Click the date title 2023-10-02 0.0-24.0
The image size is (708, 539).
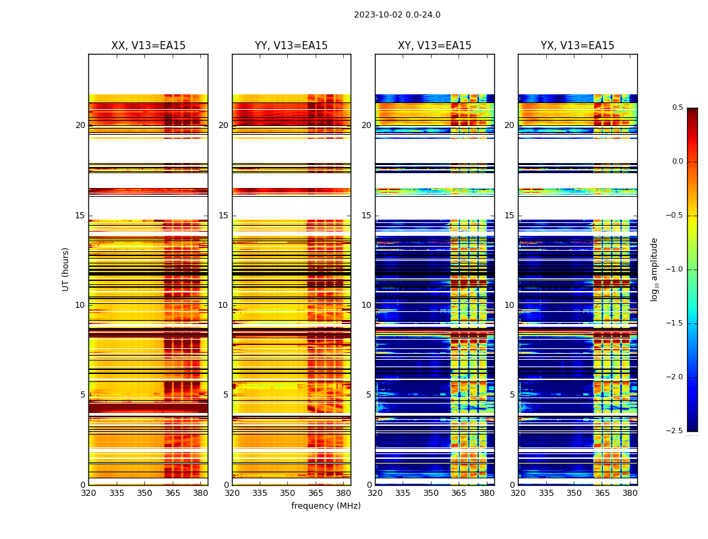coord(397,15)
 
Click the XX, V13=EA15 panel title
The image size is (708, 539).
coord(148,46)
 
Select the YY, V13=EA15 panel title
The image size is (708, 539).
coord(291,46)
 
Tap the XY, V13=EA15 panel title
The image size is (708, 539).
coord(435,46)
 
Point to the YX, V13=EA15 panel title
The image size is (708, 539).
coord(578,46)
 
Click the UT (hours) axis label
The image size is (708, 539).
coord(66,269)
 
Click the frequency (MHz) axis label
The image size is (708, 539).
coord(326,506)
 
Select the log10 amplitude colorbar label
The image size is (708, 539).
coord(654,269)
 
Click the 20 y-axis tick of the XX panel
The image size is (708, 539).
coord(80,125)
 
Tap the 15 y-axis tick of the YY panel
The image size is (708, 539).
coord(223,216)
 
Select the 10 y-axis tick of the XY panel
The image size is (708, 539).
coord(366,305)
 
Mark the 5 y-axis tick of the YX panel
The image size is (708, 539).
coord(512,395)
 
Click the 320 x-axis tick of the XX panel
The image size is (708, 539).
coord(88,493)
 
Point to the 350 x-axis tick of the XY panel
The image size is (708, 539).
coord(431,493)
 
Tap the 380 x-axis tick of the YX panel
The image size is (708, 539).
coord(630,493)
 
